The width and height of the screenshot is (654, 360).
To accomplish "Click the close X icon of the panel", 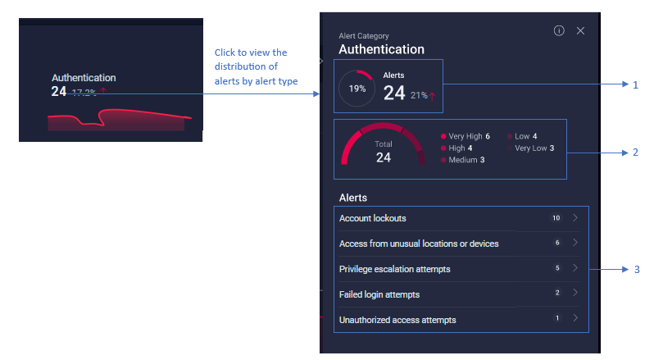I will click(x=580, y=30).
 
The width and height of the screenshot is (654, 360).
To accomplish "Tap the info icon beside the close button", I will click(x=559, y=30).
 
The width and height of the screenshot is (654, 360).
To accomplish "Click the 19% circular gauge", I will click(x=357, y=89).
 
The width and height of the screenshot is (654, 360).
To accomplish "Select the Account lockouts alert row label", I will click(x=373, y=218).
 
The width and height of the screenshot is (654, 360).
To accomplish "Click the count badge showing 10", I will click(x=556, y=218).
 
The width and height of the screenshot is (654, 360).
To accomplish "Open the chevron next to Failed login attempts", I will click(x=576, y=293).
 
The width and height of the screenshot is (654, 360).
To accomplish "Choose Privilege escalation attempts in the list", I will click(x=396, y=268).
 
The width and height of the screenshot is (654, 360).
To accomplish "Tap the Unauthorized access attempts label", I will click(x=397, y=319).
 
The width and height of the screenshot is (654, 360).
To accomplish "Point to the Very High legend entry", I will click(x=466, y=136).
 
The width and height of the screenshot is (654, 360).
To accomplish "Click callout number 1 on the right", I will click(x=635, y=84).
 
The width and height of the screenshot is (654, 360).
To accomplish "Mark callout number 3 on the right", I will click(x=636, y=268).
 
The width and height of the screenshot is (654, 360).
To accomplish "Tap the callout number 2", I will click(x=635, y=153).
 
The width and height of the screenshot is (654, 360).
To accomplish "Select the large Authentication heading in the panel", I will click(x=381, y=49).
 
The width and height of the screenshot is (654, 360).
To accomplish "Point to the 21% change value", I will click(x=419, y=95).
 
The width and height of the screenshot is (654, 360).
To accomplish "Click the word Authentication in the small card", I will click(x=84, y=78).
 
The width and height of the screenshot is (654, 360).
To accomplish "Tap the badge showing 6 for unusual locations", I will click(x=556, y=243).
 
